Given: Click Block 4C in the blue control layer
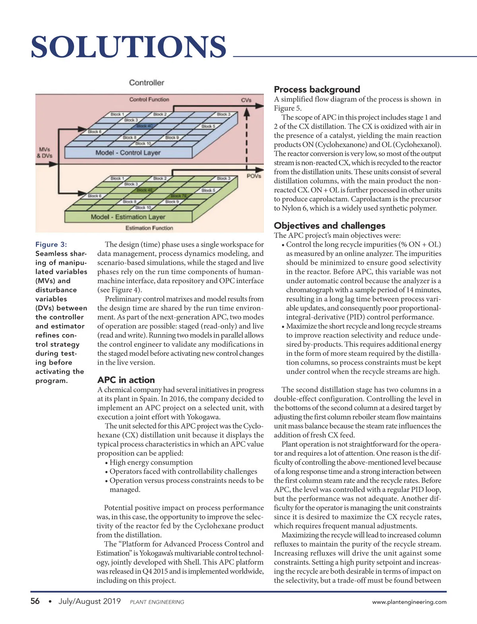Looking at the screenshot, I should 144,126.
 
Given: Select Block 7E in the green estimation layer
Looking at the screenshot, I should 178,196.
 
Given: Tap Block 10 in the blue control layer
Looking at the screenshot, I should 143,143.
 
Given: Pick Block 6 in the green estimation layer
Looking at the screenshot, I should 95,196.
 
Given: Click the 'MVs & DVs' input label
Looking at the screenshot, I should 44,153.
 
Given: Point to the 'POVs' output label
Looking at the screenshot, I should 254,176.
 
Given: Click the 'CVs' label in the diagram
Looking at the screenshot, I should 246,100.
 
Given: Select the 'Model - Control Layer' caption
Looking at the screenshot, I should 128,153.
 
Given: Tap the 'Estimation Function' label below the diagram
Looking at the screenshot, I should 149,228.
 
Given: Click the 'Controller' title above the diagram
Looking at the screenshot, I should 146,83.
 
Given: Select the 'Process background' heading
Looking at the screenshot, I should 317,89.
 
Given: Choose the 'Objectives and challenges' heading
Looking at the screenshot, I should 330,225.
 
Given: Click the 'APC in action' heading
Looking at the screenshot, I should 126,380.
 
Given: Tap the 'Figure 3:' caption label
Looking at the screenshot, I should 51,244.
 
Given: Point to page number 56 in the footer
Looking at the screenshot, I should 35,601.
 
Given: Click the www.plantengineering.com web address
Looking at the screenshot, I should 409,602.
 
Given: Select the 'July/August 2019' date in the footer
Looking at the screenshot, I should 89,601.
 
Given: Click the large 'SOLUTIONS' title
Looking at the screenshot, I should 128,47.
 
